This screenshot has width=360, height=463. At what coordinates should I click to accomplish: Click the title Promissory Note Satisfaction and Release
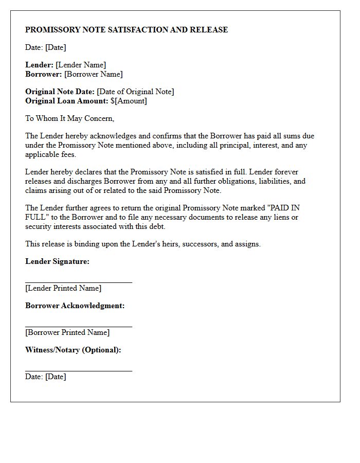tap(127, 30)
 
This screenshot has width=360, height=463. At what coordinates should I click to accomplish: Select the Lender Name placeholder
tap(81, 65)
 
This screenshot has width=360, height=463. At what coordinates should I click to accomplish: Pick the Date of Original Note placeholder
tap(135, 92)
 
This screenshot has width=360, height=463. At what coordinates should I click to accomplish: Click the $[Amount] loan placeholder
tap(129, 101)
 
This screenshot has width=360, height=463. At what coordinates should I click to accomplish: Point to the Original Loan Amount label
tap(67, 101)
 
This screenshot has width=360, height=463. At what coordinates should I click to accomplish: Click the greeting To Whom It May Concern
tap(70, 118)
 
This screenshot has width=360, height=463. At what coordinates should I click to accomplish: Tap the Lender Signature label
tap(57, 261)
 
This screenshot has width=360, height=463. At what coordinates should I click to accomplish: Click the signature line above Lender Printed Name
tap(79, 282)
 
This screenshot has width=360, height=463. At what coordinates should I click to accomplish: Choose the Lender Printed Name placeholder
tap(63, 288)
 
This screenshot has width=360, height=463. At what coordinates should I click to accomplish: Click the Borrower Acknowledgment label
tap(75, 306)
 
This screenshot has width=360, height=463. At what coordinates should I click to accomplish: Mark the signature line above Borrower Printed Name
tap(79, 327)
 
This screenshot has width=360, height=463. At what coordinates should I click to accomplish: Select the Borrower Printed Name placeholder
tap(67, 332)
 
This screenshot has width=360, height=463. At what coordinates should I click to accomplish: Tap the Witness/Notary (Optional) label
tap(73, 350)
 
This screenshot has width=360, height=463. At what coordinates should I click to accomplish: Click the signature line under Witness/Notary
tap(79, 371)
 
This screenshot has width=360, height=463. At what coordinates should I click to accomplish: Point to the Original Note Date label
tap(60, 92)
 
